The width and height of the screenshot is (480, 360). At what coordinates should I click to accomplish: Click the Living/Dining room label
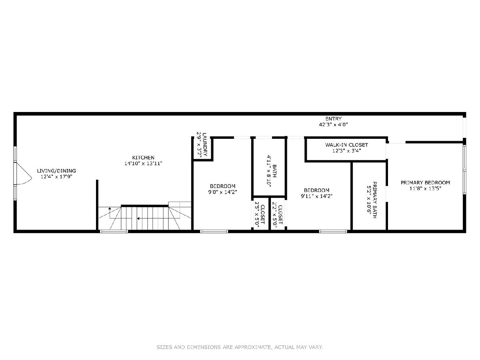tap(56, 171)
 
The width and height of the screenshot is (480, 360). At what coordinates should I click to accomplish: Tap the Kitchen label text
tap(143, 157)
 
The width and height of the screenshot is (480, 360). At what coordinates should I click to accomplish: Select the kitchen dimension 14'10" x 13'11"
tap(143, 163)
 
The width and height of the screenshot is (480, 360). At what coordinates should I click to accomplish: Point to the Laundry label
tap(205, 144)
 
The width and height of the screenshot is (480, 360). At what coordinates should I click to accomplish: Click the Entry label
tap(334, 119)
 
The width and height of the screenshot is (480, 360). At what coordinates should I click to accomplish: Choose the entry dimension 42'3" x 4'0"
tap(334, 124)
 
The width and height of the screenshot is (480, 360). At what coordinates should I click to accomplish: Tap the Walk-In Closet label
tap(347, 145)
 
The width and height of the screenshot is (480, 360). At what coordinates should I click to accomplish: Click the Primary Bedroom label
tap(425, 182)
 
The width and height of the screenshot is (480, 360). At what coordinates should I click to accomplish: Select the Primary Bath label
tap(374, 200)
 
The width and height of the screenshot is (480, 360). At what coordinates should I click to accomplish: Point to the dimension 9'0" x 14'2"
tap(223, 192)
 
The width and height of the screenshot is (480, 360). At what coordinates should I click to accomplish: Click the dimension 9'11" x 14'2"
tap(317, 196)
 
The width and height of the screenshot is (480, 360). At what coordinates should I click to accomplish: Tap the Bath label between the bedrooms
tap(275, 171)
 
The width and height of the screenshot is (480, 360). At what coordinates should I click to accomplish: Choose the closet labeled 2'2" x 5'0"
tap(278, 215)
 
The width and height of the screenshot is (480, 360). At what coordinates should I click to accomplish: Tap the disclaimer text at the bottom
tap(240, 347)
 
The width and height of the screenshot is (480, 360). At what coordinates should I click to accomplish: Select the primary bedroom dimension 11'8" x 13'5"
tap(425, 188)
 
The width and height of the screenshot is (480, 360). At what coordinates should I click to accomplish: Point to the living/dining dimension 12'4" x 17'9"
tap(56, 177)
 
